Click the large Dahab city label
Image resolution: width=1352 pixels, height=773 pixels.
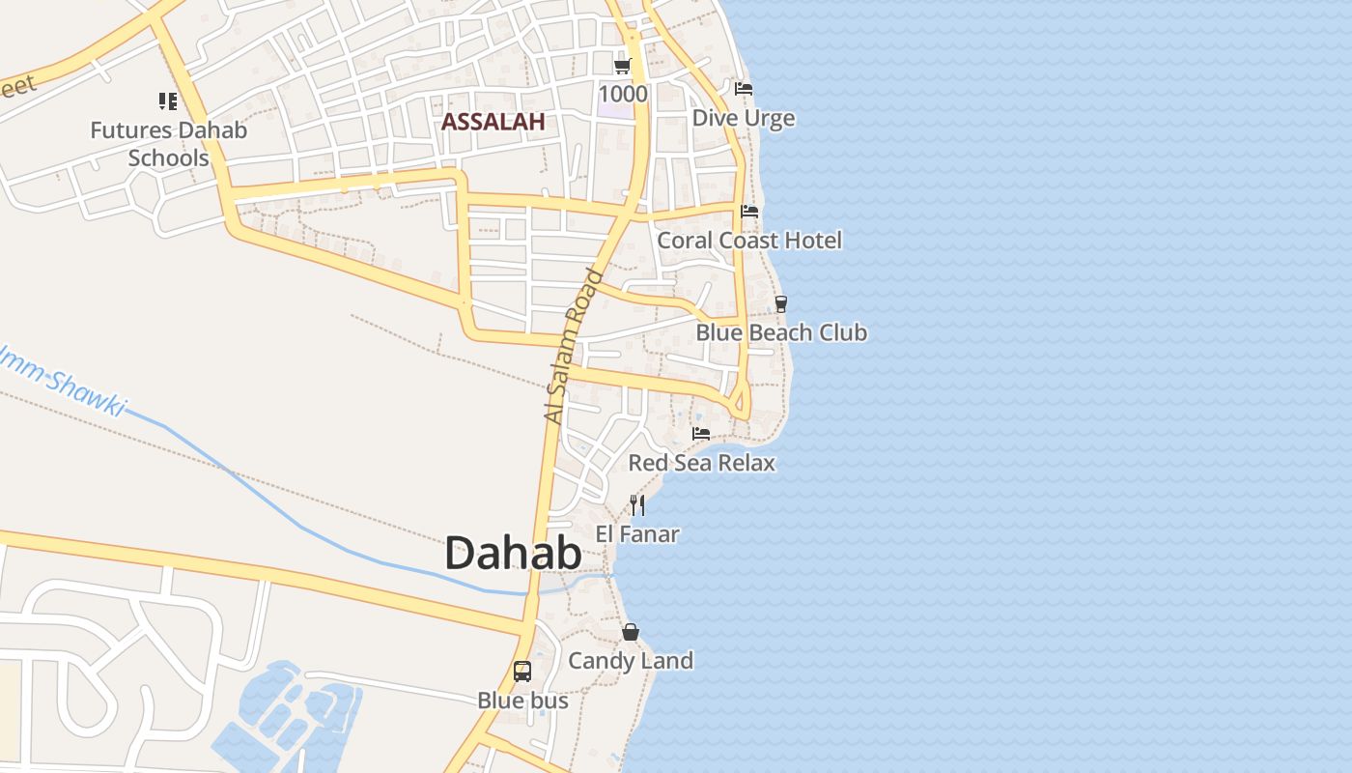pos(513,555)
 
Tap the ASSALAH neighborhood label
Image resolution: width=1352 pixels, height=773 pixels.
pos(493,122)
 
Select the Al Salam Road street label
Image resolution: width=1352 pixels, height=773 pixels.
pos(574,346)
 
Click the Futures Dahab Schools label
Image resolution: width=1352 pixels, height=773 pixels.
pos(169,144)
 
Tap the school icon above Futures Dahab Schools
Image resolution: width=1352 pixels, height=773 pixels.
pos(168,100)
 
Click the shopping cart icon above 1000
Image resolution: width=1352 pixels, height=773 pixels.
pos(623,66)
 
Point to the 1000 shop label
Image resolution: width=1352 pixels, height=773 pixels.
pos(623,94)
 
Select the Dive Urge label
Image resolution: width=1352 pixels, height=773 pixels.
pos(744,118)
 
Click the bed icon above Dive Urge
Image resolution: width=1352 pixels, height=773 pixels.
pos(744,89)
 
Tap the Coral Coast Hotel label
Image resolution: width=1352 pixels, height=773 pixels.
pos(749,241)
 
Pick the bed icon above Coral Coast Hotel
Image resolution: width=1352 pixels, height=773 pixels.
pos(749,212)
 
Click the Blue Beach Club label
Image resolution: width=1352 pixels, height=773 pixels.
pos(781,332)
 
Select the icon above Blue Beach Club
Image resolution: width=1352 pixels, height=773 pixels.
pos(781,303)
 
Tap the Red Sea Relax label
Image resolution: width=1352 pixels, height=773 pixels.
pos(702,463)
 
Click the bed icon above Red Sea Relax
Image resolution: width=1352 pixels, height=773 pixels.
pos(701,434)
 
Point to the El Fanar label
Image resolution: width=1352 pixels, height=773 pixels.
pos(637,533)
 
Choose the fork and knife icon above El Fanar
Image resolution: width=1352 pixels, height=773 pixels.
pos(637,504)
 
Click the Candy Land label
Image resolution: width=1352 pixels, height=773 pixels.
pos(631,661)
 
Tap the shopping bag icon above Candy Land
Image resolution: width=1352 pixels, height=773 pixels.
pos(631,632)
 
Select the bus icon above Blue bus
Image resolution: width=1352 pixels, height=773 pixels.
pos(522,671)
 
